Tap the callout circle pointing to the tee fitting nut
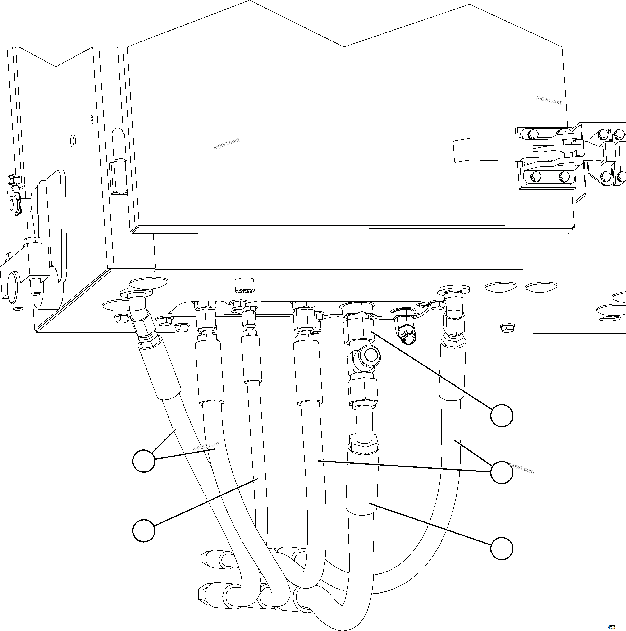point(501,416)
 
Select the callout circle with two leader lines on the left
point(144,461)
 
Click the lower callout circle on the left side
point(144,531)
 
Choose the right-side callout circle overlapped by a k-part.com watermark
point(501,472)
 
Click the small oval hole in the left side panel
point(73,140)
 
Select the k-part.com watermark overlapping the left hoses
point(206,446)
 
